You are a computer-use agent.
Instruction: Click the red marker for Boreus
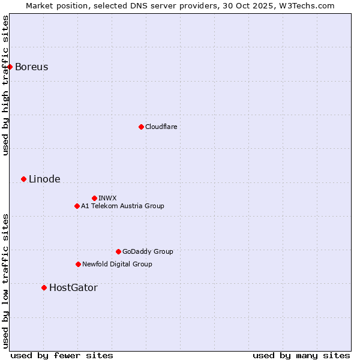pyautogui.click(x=10, y=67)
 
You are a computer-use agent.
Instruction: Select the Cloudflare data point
pyautogui.click(x=141, y=127)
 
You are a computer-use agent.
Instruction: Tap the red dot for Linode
pyautogui.click(x=24, y=179)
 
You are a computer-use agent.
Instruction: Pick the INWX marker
pyautogui.click(x=94, y=198)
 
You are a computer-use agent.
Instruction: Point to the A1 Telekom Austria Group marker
pyautogui.click(x=77, y=206)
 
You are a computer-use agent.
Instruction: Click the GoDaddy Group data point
pyautogui.click(x=118, y=251)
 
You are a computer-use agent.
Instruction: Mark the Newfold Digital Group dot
pyautogui.click(x=78, y=264)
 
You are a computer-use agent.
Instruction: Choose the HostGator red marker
pyautogui.click(x=44, y=287)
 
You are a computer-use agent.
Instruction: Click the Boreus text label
pyautogui.click(x=31, y=67)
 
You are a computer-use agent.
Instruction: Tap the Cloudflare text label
pyautogui.click(x=161, y=127)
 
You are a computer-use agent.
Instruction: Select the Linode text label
pyautogui.click(x=44, y=179)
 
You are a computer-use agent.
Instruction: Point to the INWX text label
pyautogui.click(x=107, y=198)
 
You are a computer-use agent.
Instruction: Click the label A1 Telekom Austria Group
pyautogui.click(x=122, y=206)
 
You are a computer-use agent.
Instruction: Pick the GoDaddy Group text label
pyautogui.click(x=148, y=251)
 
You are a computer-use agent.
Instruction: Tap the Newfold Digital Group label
pyautogui.click(x=117, y=264)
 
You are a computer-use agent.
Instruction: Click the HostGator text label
pyautogui.click(x=73, y=287)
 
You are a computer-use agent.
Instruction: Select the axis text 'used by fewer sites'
pyautogui.click(x=62, y=355)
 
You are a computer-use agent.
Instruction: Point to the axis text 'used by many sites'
pyautogui.click(x=301, y=355)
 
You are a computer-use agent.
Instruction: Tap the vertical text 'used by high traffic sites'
pyautogui.click(x=5, y=85)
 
